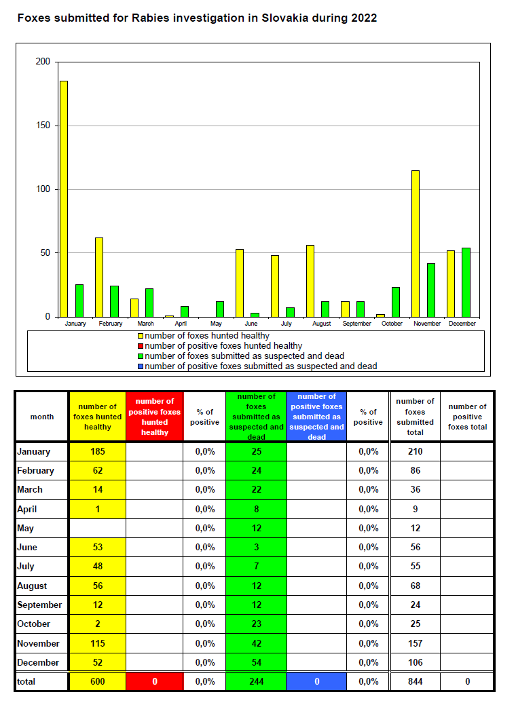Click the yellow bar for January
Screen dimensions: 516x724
point(64,199)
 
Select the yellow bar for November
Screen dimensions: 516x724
point(416,244)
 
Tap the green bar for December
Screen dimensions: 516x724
point(466,282)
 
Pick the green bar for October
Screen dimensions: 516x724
point(396,302)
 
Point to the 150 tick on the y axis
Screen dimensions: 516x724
point(43,126)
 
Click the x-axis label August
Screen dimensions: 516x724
point(322,324)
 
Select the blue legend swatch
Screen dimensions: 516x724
point(141,366)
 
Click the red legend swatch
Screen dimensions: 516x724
point(141,346)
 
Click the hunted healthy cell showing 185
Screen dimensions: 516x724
point(98,452)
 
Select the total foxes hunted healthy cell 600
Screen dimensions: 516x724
point(98,681)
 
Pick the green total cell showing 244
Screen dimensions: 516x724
point(257,681)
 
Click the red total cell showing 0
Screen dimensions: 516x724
point(155,681)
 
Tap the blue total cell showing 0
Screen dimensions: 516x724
point(316,681)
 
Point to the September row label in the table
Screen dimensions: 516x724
point(39,605)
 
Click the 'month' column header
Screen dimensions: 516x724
point(42,417)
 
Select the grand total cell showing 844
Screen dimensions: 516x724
point(416,681)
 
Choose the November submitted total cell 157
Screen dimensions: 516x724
point(416,643)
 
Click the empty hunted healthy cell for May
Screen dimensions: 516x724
point(98,528)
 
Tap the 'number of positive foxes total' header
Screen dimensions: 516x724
point(467,417)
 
